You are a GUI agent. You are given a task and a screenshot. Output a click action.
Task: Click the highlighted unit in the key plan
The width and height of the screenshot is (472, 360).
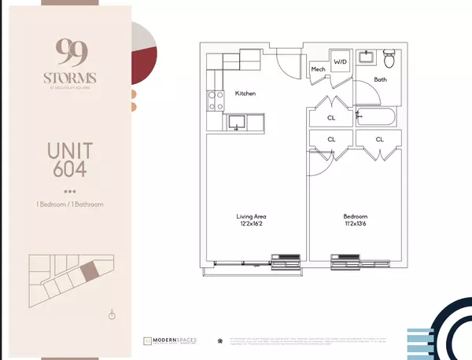[x=89, y=272]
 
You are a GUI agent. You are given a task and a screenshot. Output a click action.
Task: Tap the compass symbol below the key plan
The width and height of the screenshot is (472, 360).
[x=112, y=315]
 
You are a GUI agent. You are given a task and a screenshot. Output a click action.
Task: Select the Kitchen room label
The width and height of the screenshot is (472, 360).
[x=245, y=94]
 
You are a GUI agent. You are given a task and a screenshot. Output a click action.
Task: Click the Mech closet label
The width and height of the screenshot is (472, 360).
[x=319, y=69]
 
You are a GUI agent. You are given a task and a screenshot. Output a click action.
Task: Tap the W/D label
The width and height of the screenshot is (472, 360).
[x=341, y=61]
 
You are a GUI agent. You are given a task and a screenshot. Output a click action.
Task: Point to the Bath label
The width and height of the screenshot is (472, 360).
[x=381, y=79]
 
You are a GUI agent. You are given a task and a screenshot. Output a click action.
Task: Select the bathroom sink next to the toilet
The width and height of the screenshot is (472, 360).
[x=367, y=57]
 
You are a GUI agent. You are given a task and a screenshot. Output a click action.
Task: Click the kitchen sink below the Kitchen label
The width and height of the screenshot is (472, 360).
[x=236, y=122]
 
